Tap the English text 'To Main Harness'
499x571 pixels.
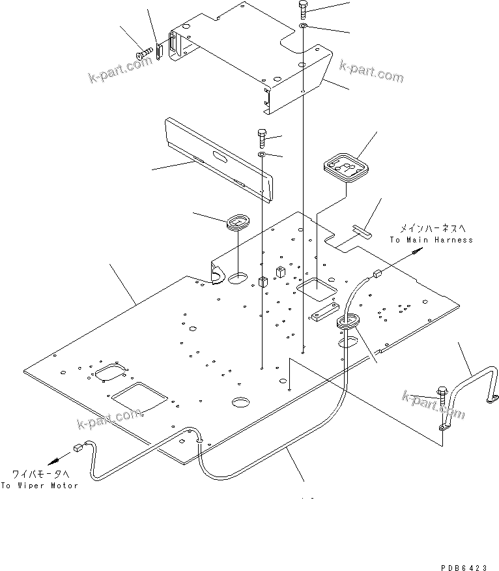click(431, 240)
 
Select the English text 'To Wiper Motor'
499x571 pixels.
click(39, 486)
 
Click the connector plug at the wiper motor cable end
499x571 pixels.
click(78, 447)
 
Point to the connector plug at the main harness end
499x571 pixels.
click(376, 275)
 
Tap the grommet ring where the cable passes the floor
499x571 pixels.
click(349, 321)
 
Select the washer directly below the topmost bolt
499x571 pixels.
click(304, 26)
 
